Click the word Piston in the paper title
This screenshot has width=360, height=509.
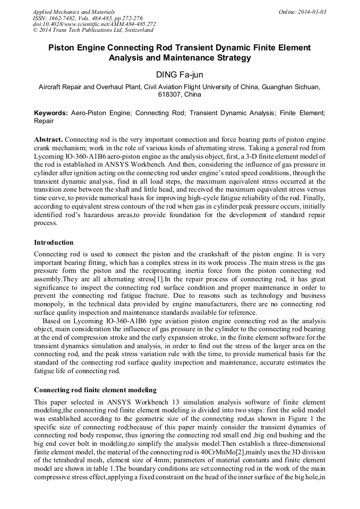(64, 47)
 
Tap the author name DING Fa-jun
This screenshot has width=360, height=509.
(179, 74)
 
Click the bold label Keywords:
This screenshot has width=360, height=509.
(51, 113)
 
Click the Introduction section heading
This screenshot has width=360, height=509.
(54, 243)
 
